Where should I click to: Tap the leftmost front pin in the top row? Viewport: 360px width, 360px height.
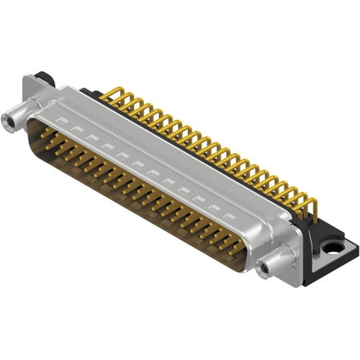(x=45, y=132)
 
